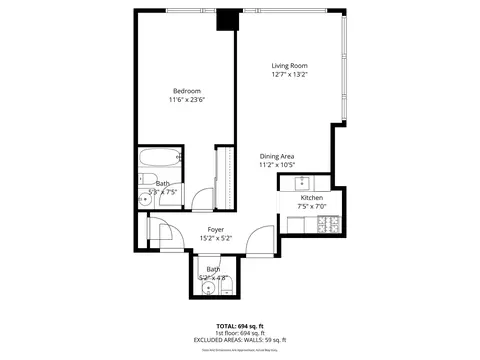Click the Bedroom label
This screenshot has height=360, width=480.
pyautogui.click(x=184, y=91)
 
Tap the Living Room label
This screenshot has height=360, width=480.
pyautogui.click(x=289, y=66)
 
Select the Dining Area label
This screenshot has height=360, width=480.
pyautogui.click(x=276, y=156)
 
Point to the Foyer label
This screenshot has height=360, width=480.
pyautogui.click(x=215, y=230)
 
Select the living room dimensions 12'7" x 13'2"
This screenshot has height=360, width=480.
pyautogui.click(x=289, y=75)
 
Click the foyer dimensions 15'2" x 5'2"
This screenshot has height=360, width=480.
pyautogui.click(x=215, y=239)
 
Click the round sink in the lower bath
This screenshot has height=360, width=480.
pyautogui.click(x=208, y=290)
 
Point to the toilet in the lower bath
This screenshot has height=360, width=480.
pyautogui.click(x=226, y=289)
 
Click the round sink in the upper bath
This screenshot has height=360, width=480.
pyautogui.click(x=146, y=200)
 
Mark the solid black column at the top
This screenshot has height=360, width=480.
pyautogui.click(x=228, y=19)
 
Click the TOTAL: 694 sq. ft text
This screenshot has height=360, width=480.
pyautogui.click(x=240, y=327)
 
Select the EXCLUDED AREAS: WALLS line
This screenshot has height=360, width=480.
pyautogui.click(x=240, y=341)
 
